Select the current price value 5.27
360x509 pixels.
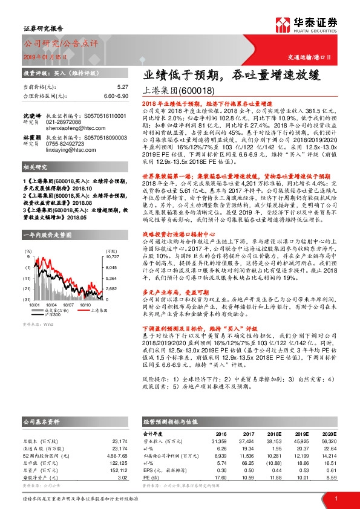click(122, 87)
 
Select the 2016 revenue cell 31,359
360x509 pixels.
click(216, 441)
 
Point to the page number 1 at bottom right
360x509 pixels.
click(335, 499)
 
